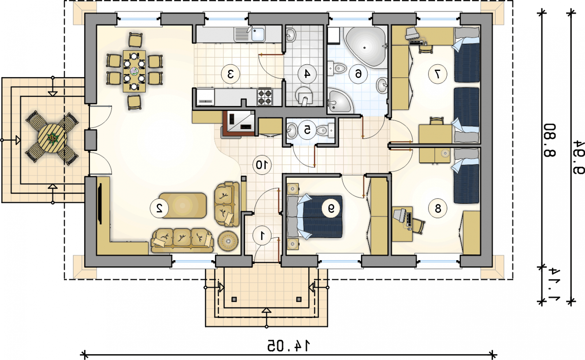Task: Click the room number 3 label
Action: click(230, 74)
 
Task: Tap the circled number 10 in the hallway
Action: click(262, 165)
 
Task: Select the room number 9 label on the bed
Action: click(331, 208)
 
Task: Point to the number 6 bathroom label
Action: click(358, 74)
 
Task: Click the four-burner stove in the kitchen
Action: click(265, 97)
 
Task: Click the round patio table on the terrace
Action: click(51, 138)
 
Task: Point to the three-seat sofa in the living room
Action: click(182, 240)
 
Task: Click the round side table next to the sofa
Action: click(228, 241)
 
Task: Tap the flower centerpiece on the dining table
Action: click(134, 71)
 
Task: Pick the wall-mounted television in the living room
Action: click(99, 204)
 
